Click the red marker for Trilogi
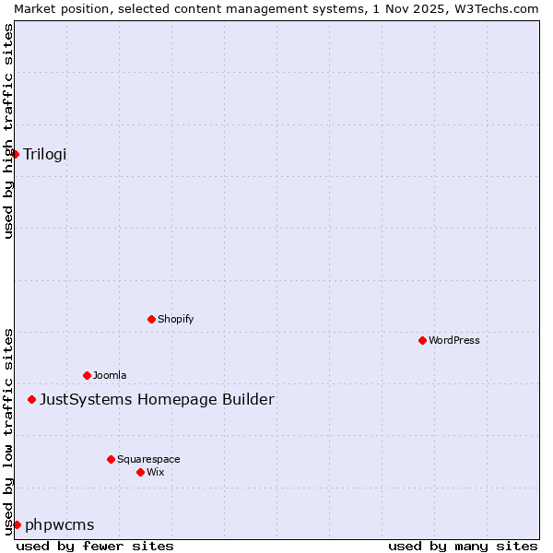[16, 154]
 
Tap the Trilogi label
[45, 154]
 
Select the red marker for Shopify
[151, 319]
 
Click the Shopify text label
[175, 319]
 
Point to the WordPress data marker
[422, 340]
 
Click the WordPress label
[454, 340]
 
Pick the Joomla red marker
[87, 375]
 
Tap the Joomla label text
[110, 375]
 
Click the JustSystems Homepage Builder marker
[32, 399]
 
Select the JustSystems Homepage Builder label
[157, 399]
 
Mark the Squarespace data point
[111, 459]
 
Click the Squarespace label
[148, 459]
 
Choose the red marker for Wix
[140, 472]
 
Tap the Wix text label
[156, 472]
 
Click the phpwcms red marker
[17, 524]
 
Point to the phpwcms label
[59, 524]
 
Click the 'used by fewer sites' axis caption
[95, 546]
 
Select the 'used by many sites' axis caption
[463, 546]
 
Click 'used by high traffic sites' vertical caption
[8, 131]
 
